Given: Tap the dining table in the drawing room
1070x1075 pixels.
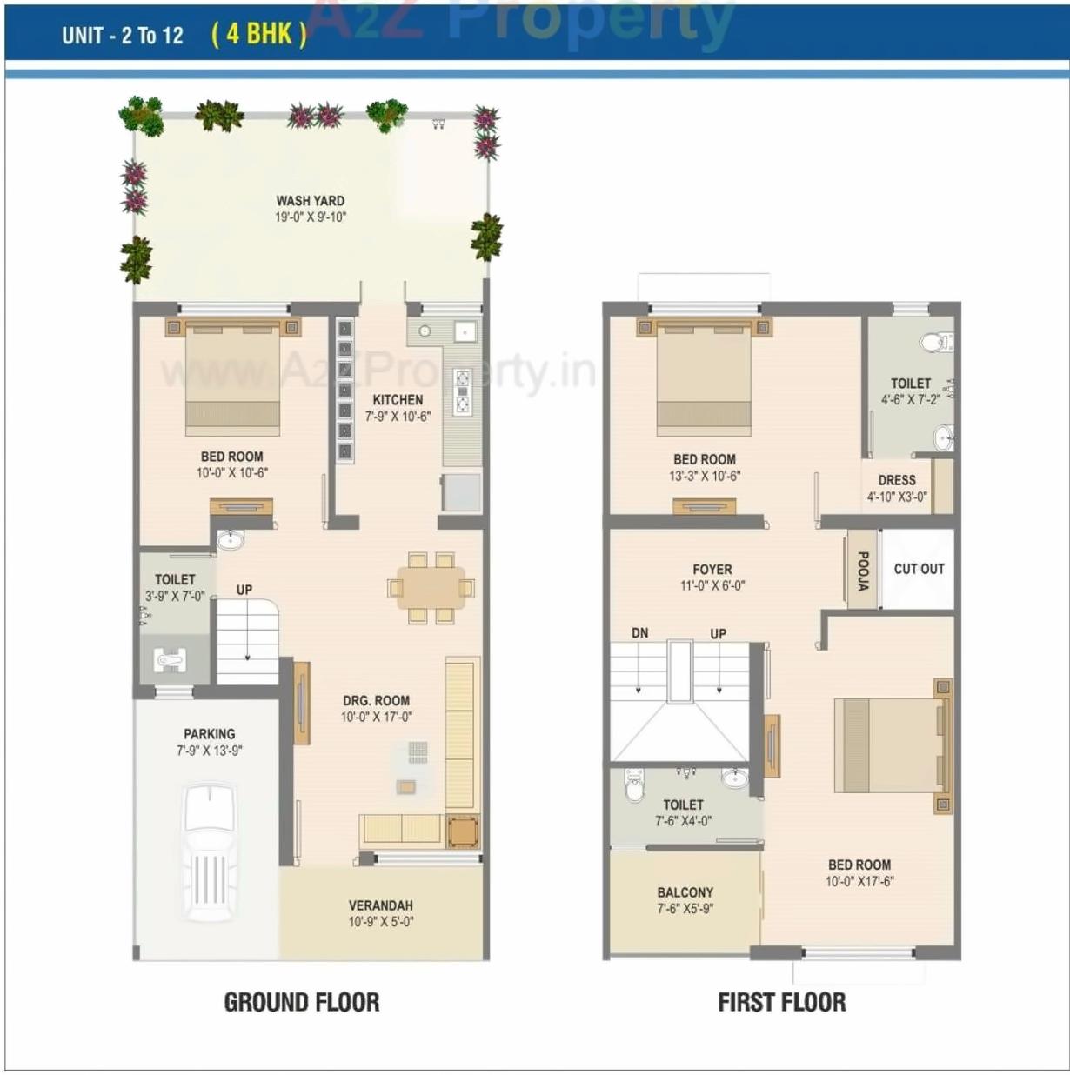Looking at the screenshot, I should (431, 589).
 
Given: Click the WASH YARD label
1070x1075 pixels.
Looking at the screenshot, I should (311, 201).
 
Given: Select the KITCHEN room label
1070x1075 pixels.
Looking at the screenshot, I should (398, 400).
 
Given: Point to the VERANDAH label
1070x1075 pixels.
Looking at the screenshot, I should (381, 905).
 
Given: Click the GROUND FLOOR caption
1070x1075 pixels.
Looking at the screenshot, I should (302, 1003).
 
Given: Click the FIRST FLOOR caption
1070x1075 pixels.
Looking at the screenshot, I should (781, 1003).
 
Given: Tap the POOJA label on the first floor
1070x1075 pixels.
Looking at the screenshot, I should (862, 571).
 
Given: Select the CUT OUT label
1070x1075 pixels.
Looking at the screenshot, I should (919, 569).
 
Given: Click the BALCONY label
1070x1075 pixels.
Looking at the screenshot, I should (685, 892).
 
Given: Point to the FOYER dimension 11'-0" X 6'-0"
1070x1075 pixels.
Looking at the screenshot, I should (712, 586).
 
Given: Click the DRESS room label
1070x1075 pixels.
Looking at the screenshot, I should (897, 480).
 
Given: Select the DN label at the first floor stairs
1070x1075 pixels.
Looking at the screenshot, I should (639, 633).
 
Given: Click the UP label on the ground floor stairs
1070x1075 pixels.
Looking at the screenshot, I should (244, 590).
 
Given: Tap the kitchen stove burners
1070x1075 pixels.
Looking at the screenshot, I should (462, 391).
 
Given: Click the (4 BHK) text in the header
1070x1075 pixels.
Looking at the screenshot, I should (258, 34).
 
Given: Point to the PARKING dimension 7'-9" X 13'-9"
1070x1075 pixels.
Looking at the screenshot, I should (210, 751).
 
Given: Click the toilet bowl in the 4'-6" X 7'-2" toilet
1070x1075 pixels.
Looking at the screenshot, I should (935, 342).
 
